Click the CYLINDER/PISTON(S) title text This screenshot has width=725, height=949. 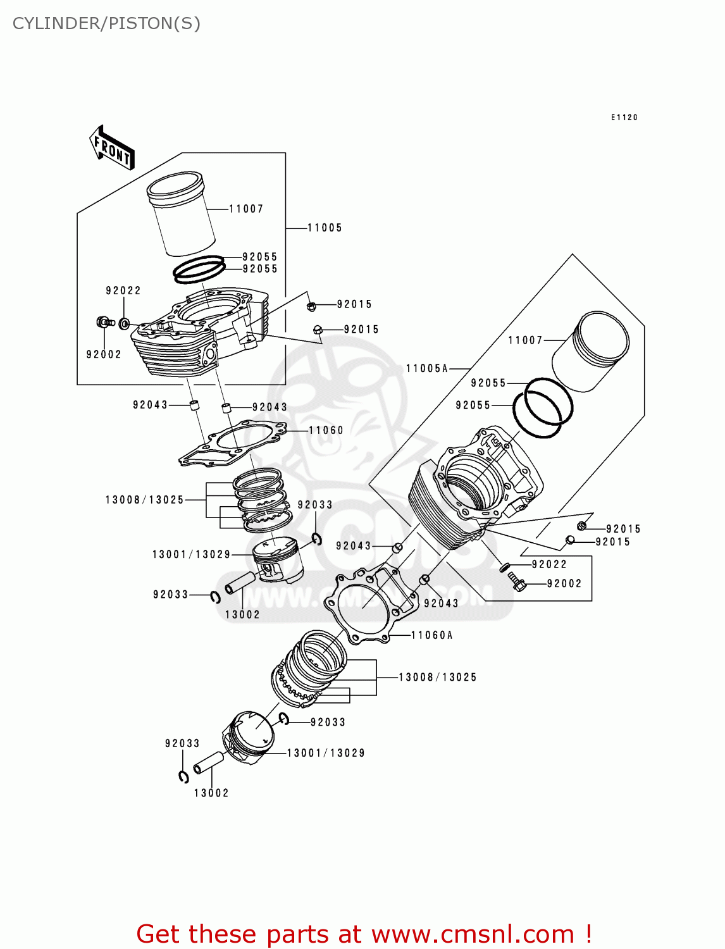pyautogui.click(x=106, y=23)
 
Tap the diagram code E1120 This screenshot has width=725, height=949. pyautogui.click(x=624, y=118)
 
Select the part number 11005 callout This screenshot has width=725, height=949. pyautogui.click(x=325, y=228)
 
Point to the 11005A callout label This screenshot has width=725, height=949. pyautogui.click(x=427, y=368)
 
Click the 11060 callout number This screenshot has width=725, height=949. pyautogui.click(x=326, y=430)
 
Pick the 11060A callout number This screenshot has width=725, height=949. pyautogui.click(x=432, y=635)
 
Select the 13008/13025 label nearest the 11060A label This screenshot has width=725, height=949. pyautogui.click(x=437, y=677)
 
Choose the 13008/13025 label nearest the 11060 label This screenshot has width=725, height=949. pyautogui.click(x=144, y=500)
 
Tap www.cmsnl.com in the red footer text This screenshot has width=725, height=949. pyautogui.click(x=472, y=934)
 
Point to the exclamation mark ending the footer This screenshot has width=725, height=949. pyautogui.click(x=588, y=934)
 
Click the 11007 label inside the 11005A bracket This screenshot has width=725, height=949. pyautogui.click(x=525, y=340)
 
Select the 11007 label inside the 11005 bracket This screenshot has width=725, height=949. pyautogui.click(x=246, y=209)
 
